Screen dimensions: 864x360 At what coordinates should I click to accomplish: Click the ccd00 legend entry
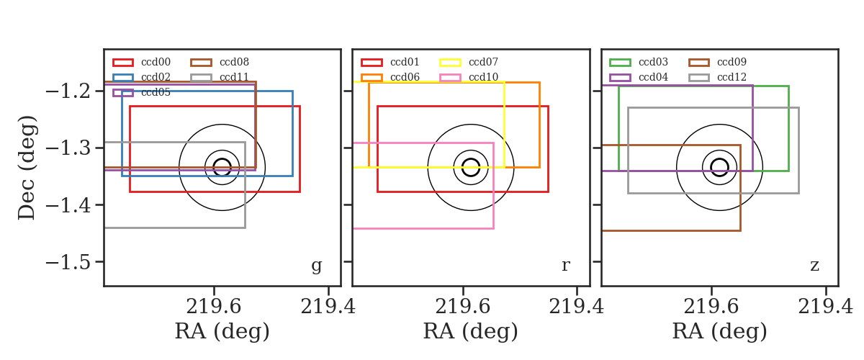(141, 62)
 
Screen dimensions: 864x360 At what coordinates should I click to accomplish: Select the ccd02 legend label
(156, 77)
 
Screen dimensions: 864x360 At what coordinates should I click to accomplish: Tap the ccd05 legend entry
(141, 93)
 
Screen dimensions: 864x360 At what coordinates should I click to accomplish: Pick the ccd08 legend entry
(220, 62)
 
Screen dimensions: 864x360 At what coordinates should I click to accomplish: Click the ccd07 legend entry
(469, 62)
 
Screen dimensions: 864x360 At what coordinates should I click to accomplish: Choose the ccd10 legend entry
(469, 77)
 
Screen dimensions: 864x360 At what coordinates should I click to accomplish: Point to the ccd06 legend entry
(390, 77)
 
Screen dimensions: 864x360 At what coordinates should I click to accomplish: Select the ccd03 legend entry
(639, 62)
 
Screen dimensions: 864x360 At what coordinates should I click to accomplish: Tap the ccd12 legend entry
(717, 77)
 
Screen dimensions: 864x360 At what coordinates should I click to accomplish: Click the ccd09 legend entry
(717, 62)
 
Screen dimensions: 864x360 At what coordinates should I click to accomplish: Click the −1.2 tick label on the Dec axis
(68, 91)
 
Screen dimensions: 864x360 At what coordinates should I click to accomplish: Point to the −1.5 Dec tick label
(68, 262)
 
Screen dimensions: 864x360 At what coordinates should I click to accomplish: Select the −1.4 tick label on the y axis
(68, 205)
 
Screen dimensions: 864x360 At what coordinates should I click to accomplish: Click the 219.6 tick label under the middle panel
(462, 307)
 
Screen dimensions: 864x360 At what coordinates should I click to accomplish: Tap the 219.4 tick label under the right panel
(825, 307)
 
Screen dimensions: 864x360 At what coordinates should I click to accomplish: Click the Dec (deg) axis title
(27, 168)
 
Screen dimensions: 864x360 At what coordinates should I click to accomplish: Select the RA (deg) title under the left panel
(222, 331)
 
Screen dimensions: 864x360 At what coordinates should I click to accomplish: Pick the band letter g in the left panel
(317, 266)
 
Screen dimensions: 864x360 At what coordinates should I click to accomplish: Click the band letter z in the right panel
(814, 265)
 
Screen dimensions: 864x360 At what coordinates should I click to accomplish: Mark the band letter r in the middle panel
(565, 265)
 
